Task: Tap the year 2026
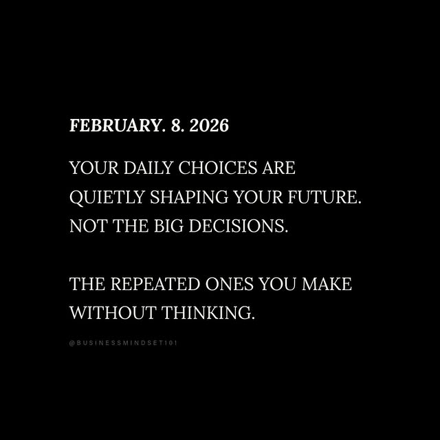tap(210, 126)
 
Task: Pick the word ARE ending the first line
tap(278, 168)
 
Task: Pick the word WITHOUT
tap(113, 313)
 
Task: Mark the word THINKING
tap(208, 313)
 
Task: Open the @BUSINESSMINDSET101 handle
tap(124, 342)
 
